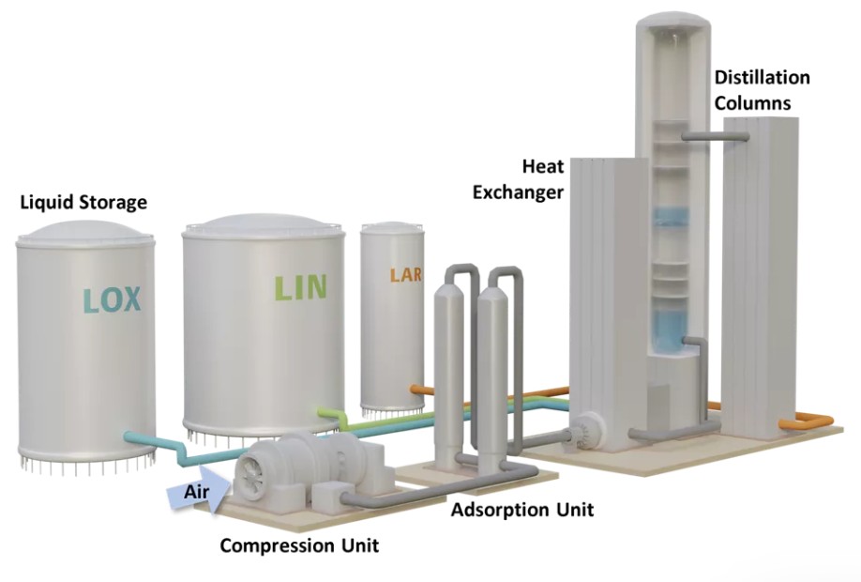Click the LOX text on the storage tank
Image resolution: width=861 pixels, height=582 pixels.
(x=112, y=300)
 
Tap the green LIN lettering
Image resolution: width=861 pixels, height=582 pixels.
(x=301, y=287)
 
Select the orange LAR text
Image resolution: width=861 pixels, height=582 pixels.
(x=406, y=274)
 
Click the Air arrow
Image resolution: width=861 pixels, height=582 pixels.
(x=196, y=491)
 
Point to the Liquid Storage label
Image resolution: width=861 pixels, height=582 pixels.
(x=83, y=202)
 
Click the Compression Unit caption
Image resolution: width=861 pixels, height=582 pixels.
(x=299, y=545)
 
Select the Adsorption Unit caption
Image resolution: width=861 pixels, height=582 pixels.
(x=522, y=510)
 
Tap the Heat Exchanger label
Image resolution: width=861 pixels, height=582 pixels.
(x=519, y=179)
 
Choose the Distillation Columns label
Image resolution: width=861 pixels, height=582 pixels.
(x=762, y=90)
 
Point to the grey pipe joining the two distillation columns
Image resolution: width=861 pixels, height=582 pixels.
(x=716, y=136)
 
